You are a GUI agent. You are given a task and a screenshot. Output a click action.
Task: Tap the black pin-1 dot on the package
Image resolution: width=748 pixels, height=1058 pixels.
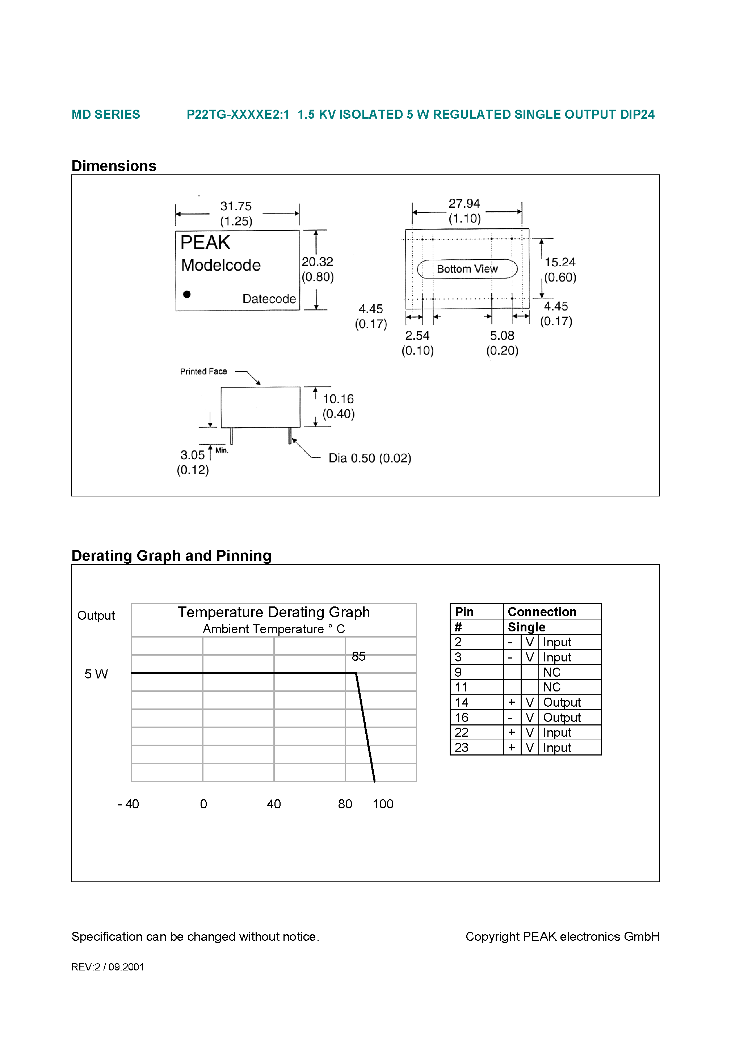[187, 294]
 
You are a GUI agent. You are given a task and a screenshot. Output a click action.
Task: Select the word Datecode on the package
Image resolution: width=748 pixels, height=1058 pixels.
[269, 299]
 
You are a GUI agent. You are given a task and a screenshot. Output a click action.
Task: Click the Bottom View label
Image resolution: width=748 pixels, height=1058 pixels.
[467, 269]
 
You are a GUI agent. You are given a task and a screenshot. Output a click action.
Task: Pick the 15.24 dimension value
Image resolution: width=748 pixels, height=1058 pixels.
[560, 262]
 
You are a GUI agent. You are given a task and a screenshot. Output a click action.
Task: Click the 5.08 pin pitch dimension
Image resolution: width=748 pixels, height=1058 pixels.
[502, 335]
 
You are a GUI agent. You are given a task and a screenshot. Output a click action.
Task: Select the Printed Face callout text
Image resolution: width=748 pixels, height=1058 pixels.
[203, 371]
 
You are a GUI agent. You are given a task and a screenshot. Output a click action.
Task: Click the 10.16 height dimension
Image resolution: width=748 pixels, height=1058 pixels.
[338, 399]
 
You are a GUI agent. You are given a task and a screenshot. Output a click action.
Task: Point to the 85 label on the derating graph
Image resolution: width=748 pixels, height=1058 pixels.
[358, 656]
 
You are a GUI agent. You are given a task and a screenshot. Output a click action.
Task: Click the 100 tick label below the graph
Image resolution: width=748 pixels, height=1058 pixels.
[383, 804]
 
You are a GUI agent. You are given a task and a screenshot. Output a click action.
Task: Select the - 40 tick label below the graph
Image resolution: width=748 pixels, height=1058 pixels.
[128, 804]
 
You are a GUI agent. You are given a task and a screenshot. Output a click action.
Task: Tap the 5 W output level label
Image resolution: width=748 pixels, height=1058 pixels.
[96, 674]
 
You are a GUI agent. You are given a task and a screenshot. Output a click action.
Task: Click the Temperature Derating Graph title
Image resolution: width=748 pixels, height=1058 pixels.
[273, 613]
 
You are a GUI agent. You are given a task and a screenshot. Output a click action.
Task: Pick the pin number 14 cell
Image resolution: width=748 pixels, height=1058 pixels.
[462, 702]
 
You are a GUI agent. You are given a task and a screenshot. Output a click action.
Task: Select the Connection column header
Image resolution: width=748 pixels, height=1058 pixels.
[542, 612]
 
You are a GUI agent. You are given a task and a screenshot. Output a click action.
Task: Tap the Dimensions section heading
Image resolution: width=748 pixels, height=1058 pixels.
[114, 166]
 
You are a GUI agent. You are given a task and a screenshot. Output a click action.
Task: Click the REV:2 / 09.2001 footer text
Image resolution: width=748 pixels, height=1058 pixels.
[108, 967]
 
